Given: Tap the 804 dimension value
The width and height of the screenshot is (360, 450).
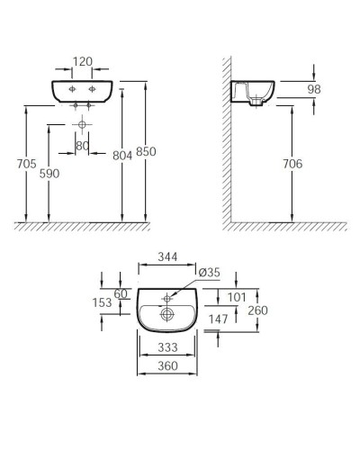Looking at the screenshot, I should [122, 155].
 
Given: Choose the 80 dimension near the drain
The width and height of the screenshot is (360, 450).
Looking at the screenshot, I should [82, 145].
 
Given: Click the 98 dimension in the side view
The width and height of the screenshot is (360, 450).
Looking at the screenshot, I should [313, 89].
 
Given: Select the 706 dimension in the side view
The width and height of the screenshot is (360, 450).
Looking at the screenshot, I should [292, 164].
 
